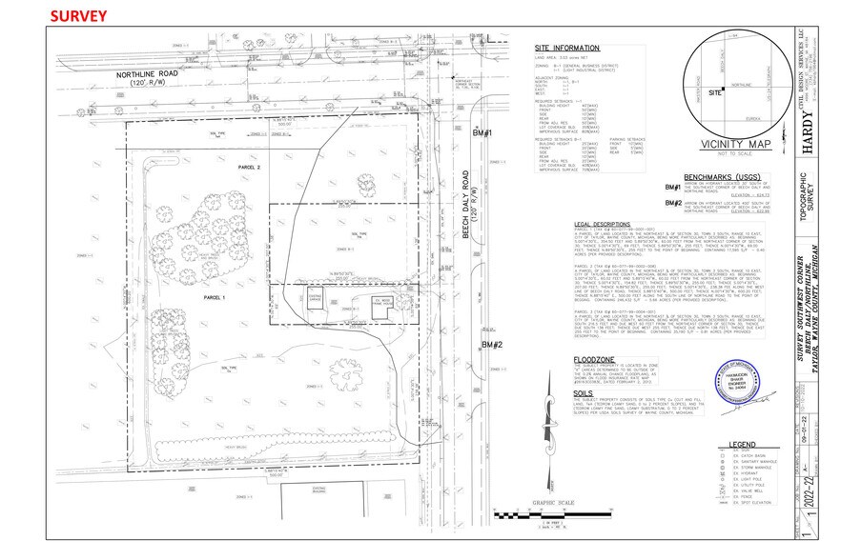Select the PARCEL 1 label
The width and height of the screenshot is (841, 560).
(194, 298)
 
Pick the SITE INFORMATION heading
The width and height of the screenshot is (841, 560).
(567, 47)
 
